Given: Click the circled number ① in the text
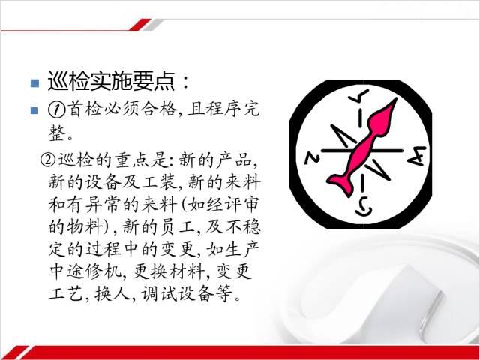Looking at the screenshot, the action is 56,109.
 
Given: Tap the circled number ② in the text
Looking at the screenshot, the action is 48,160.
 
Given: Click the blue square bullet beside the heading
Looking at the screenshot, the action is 35,83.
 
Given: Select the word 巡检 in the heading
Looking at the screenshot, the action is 68,82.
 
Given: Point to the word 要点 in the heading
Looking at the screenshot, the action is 153,82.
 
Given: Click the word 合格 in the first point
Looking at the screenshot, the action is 159,109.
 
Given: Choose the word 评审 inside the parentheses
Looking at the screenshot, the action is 241,204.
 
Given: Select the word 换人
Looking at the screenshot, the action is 112,293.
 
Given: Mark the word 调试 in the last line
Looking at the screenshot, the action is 158,293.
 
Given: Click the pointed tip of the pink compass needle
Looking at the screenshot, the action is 396,99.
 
